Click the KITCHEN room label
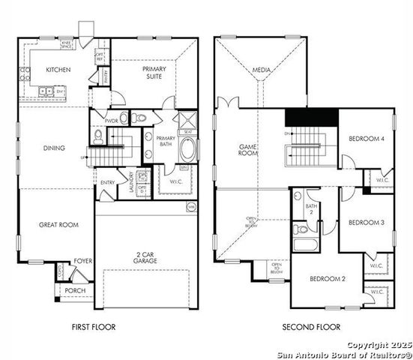pos(58,70)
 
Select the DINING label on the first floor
pos(54,148)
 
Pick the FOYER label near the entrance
pos(82,261)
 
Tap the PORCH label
pos(75,290)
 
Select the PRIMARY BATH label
pos(166,142)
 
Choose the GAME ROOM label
pos(248,150)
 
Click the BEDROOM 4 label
pos(367,139)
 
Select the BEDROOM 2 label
pos(328,279)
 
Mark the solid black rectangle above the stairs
pos(311,118)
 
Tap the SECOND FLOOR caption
pos(311,327)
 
